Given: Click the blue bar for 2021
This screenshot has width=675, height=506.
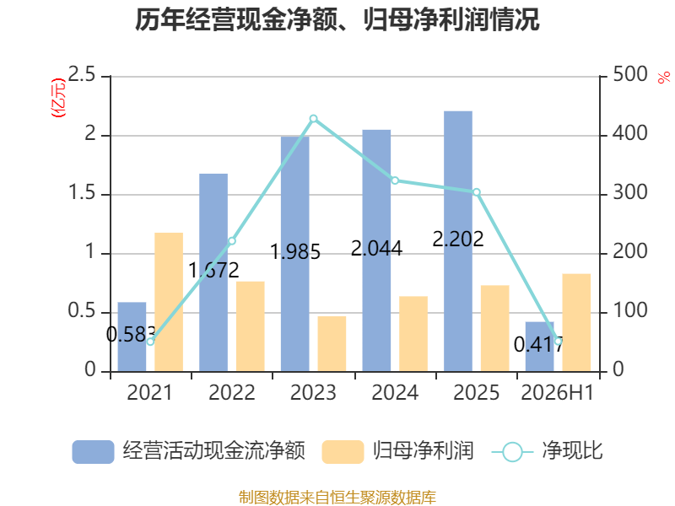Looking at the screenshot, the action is (x=132, y=336).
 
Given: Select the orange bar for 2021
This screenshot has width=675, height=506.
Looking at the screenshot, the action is (x=169, y=302).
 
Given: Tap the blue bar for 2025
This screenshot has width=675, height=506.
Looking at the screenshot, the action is (x=458, y=241).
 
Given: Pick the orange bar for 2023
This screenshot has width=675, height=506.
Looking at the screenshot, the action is (x=332, y=344).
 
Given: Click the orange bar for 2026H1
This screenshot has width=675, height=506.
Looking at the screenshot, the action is (x=576, y=323).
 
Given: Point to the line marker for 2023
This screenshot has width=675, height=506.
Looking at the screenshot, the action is (x=313, y=119).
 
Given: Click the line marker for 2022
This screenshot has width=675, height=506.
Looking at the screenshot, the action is (x=232, y=241).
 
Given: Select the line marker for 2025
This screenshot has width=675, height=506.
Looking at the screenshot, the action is (x=477, y=192).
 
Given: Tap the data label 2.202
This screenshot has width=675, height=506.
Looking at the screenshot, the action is (x=458, y=240).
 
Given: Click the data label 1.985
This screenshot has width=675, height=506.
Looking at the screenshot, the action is (x=295, y=251).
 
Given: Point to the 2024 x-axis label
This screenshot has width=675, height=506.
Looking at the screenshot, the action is (x=395, y=392).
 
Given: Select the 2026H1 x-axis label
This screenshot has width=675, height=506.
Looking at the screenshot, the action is (x=558, y=392).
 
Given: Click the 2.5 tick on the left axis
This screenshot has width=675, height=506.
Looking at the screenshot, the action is (x=82, y=75).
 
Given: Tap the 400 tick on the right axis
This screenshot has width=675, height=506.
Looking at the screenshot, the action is (x=630, y=134).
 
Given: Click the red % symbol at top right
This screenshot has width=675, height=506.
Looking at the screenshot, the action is (x=664, y=78).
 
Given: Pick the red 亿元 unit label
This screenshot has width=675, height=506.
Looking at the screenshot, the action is (x=58, y=98).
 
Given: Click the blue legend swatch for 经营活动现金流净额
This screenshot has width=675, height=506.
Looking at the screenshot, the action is (x=93, y=452).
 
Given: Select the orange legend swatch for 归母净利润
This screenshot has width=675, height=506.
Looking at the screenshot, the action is (x=343, y=452).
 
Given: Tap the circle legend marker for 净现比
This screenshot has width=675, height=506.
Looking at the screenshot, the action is (x=512, y=452).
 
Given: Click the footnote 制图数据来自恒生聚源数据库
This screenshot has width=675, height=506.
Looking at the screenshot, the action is (x=337, y=498).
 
